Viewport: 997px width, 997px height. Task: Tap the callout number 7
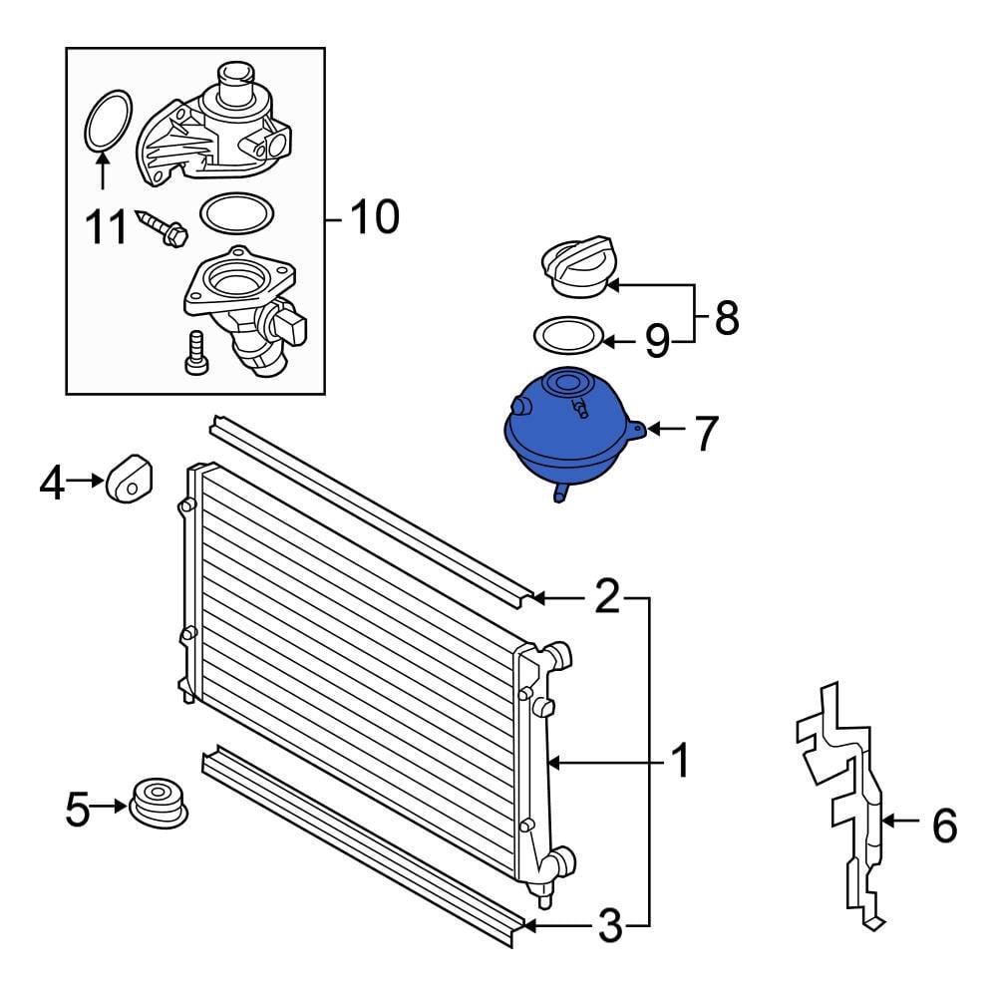[x=705, y=432]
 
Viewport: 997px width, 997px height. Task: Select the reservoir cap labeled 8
[x=575, y=266]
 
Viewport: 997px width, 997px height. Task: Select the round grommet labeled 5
[x=159, y=802]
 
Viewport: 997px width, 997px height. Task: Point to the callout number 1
[x=679, y=764]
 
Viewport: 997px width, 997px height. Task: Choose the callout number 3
[x=608, y=927]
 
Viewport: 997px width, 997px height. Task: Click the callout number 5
[x=78, y=810]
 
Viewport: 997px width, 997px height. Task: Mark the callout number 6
[x=942, y=825]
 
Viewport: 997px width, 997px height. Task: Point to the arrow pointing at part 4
[x=88, y=483]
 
